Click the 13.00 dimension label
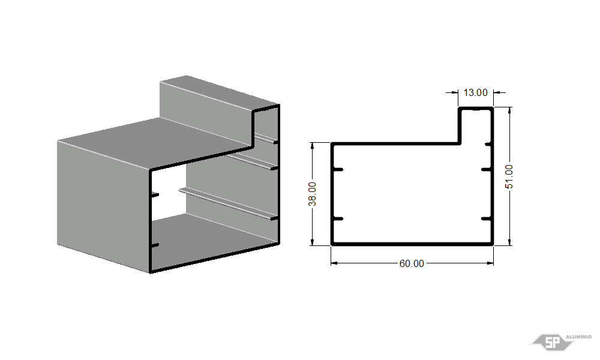[x=476, y=92]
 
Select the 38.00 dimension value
[x=313, y=194]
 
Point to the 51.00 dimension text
[x=509, y=176]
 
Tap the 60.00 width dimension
[x=412, y=263]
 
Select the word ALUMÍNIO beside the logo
[x=578, y=337]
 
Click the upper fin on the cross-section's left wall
[x=338, y=169]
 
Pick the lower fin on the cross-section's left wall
[x=338, y=219]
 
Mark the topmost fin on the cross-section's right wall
[x=488, y=144]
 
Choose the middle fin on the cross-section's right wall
[x=486, y=169]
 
